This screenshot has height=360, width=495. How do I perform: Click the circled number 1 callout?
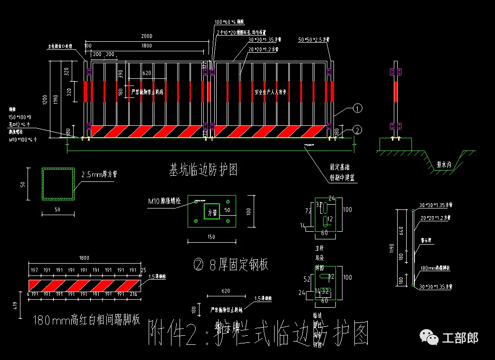pyautogui.click(x=358, y=109)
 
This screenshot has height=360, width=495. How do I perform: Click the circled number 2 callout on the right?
pyautogui.click(x=358, y=129)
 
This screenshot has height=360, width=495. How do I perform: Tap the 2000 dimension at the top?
pyautogui.click(x=146, y=36)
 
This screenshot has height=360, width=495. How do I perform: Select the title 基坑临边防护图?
pyautogui.click(x=203, y=169)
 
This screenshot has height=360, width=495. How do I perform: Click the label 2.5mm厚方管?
pyautogui.click(x=99, y=174)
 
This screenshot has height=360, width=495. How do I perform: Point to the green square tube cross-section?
pyautogui.click(x=58, y=183)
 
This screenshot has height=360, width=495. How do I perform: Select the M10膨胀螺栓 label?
pyautogui.click(x=164, y=200)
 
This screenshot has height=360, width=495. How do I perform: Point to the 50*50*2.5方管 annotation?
pyautogui.click(x=314, y=40)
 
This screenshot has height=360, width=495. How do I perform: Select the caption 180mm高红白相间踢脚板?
pyautogui.click(x=87, y=320)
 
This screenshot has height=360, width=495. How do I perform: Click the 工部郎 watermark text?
pyautogui.click(x=460, y=338)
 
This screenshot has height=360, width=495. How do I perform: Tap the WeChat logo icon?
pyautogui.click(x=428, y=338)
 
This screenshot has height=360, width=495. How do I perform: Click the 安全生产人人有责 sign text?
pyautogui.click(x=270, y=92)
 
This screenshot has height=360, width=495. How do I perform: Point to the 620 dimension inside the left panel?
pyautogui.click(x=146, y=73)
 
